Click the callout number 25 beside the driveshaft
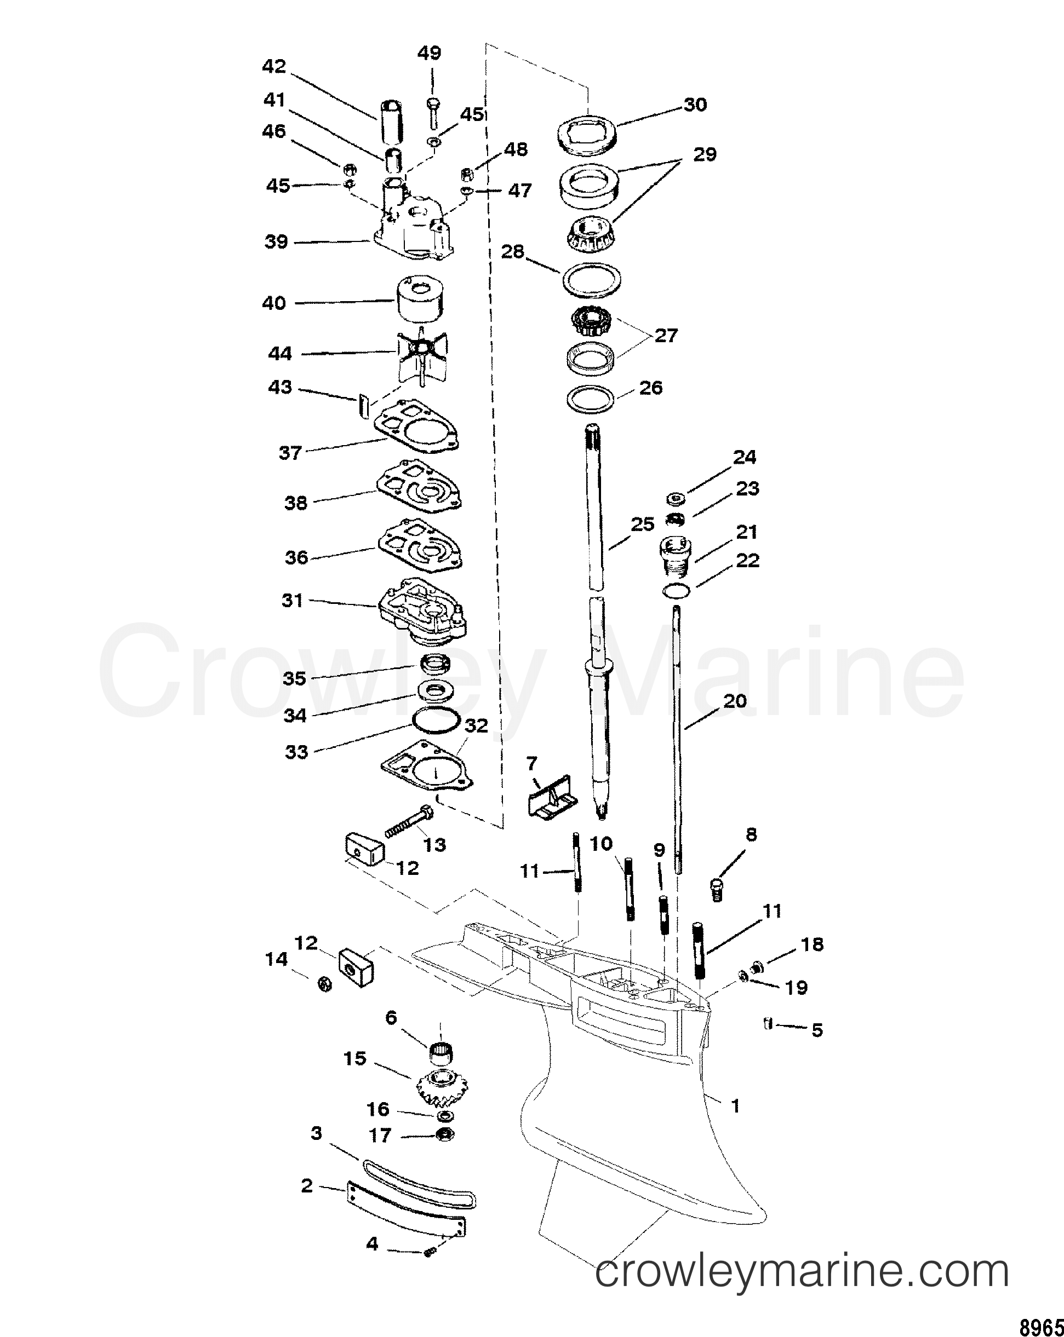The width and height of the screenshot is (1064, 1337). tap(642, 525)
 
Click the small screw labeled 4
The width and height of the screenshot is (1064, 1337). tap(428, 1252)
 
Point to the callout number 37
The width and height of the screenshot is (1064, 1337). tap(290, 453)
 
